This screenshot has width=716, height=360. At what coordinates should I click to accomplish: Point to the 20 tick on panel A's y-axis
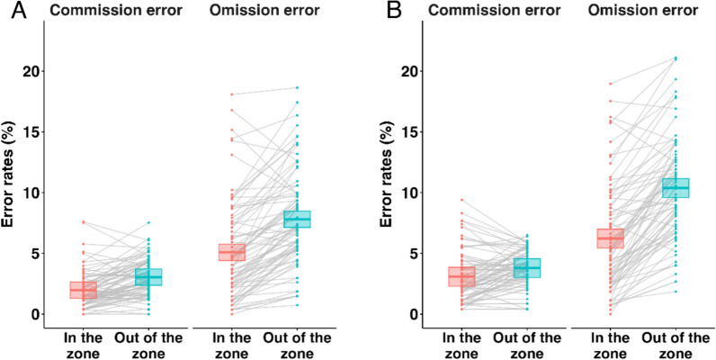[x=42, y=71]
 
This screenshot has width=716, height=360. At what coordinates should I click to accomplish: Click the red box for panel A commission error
[x=84, y=290]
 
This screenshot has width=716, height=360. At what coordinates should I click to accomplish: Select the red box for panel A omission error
[x=232, y=252]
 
